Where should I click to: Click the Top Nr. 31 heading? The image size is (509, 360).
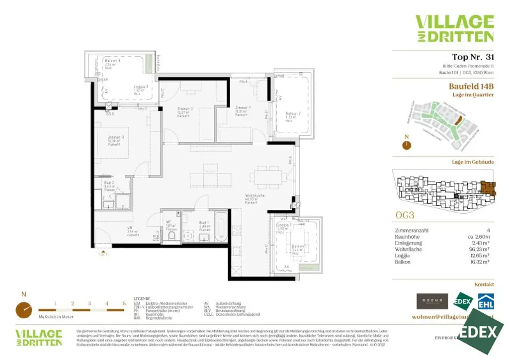473,57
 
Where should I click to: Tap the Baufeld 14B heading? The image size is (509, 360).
471,86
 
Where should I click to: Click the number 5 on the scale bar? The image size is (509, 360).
123,303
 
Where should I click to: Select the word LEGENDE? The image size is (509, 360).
142,299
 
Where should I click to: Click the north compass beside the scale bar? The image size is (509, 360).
23,310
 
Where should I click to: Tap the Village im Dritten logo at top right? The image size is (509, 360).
454,28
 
